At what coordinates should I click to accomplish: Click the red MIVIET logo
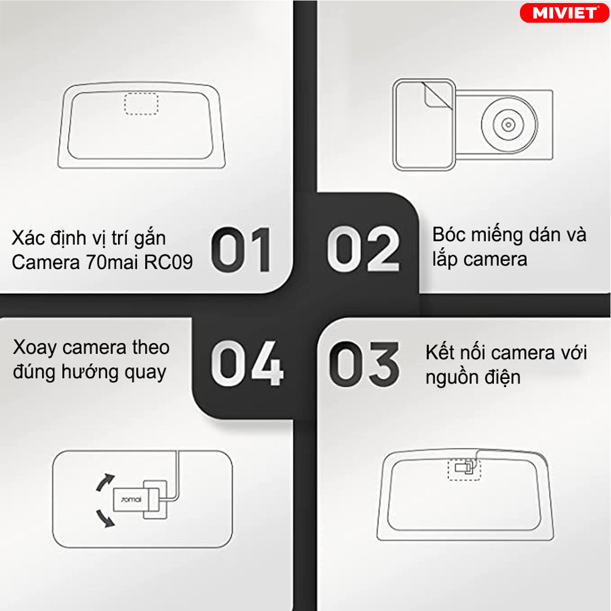[x=564, y=13]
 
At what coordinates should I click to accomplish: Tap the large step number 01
[x=241, y=249]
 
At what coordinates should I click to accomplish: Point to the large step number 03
[x=365, y=365]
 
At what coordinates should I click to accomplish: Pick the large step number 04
[x=247, y=364]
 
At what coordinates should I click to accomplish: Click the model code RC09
[x=169, y=262]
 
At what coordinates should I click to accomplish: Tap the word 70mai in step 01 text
[x=113, y=262]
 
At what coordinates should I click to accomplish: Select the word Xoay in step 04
[x=35, y=348]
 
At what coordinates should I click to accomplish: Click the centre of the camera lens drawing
[x=508, y=124]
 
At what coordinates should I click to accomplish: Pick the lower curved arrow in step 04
[x=105, y=519]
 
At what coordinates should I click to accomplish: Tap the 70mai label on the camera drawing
[x=131, y=500]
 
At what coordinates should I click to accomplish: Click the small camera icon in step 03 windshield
[x=465, y=468]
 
